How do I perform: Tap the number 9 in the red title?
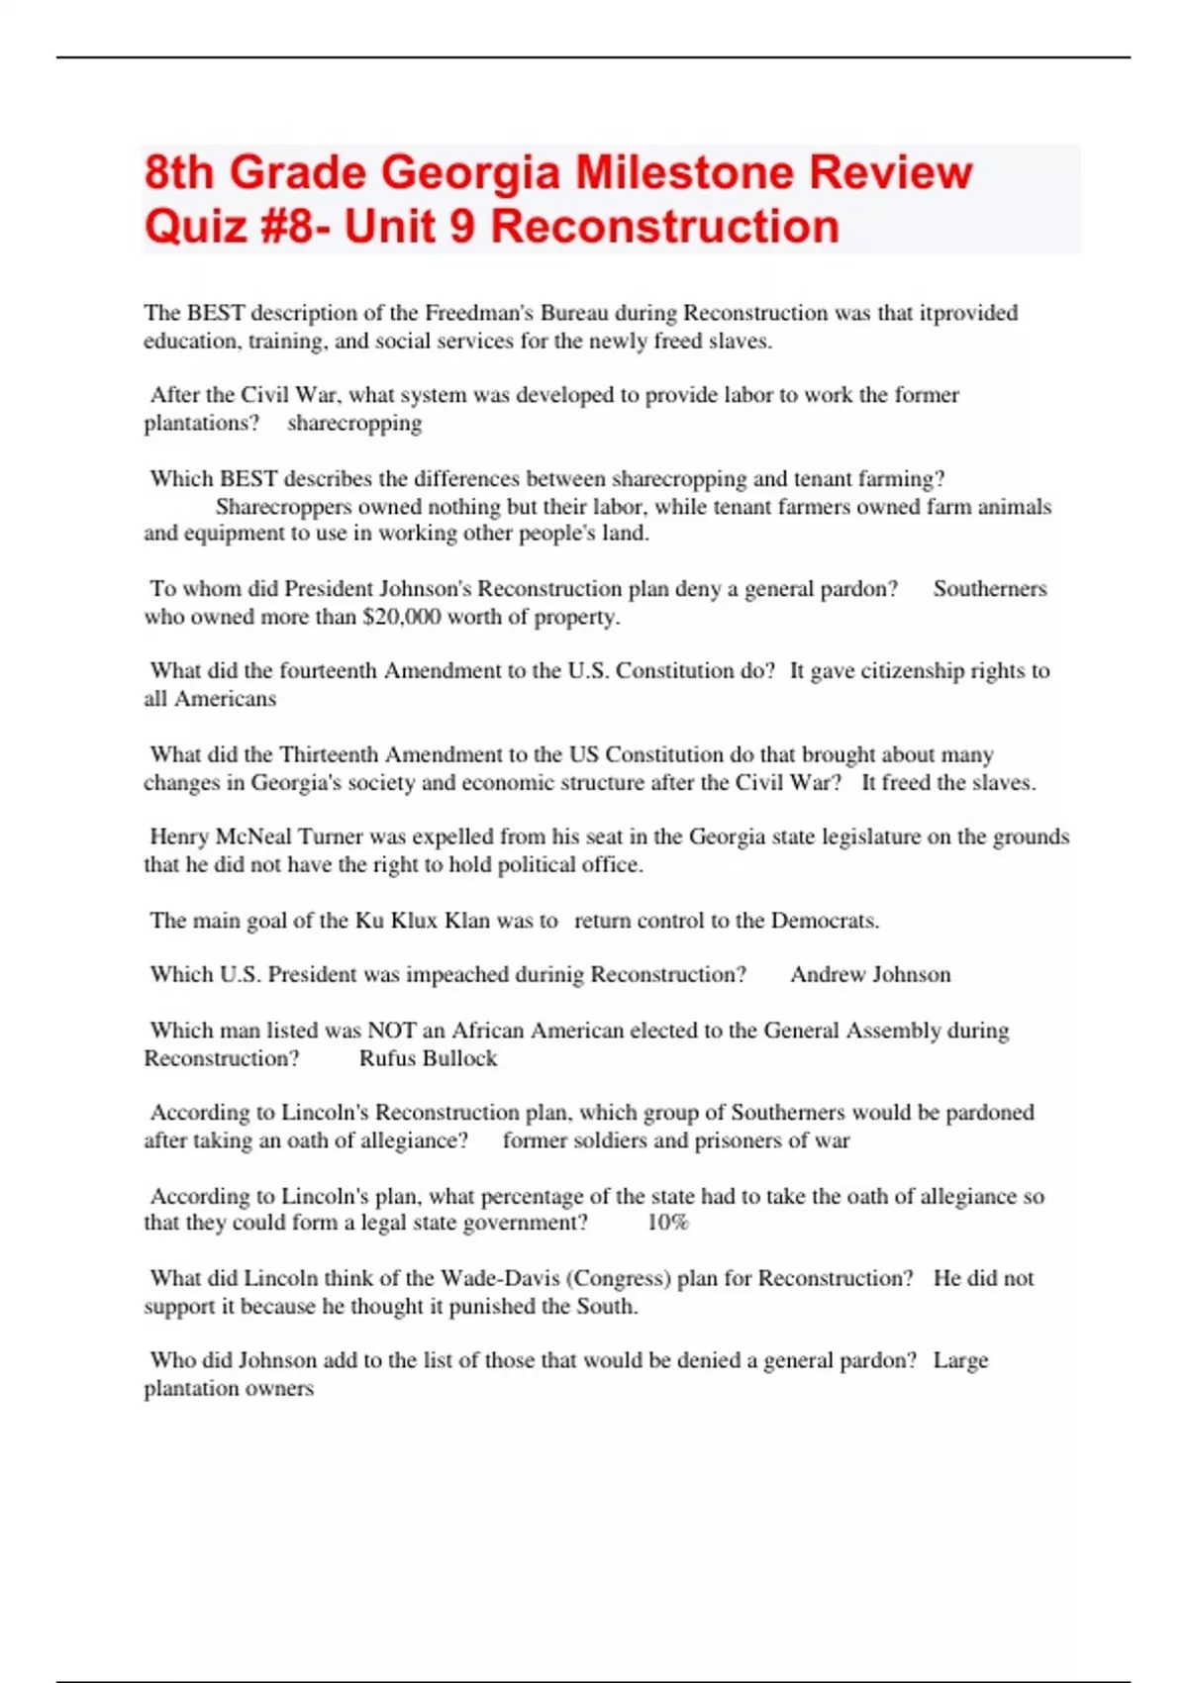(461, 227)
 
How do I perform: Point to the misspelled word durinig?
(544, 974)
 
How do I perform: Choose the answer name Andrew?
(828, 974)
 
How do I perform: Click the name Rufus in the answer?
(388, 1058)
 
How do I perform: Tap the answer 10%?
(667, 1223)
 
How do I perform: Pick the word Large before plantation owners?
(960, 1360)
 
